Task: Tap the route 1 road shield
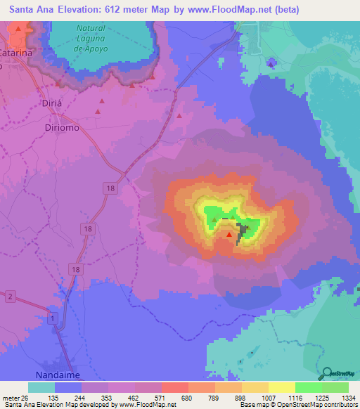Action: click(54, 318)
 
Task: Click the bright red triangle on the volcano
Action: click(229, 234)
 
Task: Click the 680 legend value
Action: click(186, 398)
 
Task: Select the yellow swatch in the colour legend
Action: click(282, 387)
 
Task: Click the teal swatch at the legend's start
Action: click(41, 387)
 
